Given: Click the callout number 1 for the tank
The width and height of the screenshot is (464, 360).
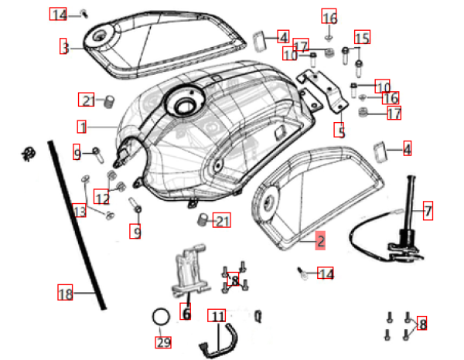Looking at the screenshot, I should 81,125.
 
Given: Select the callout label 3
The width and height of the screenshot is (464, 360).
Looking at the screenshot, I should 65,47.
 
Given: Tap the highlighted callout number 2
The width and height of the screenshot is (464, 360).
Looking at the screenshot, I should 319,240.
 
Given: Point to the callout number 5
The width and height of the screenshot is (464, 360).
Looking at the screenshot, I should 339,131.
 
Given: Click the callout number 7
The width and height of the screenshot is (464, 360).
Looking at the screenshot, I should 428,209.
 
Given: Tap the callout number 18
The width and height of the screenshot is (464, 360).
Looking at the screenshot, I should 65,293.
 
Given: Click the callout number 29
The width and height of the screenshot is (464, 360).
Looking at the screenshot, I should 163,341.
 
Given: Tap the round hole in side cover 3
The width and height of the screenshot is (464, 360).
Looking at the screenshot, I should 101,38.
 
